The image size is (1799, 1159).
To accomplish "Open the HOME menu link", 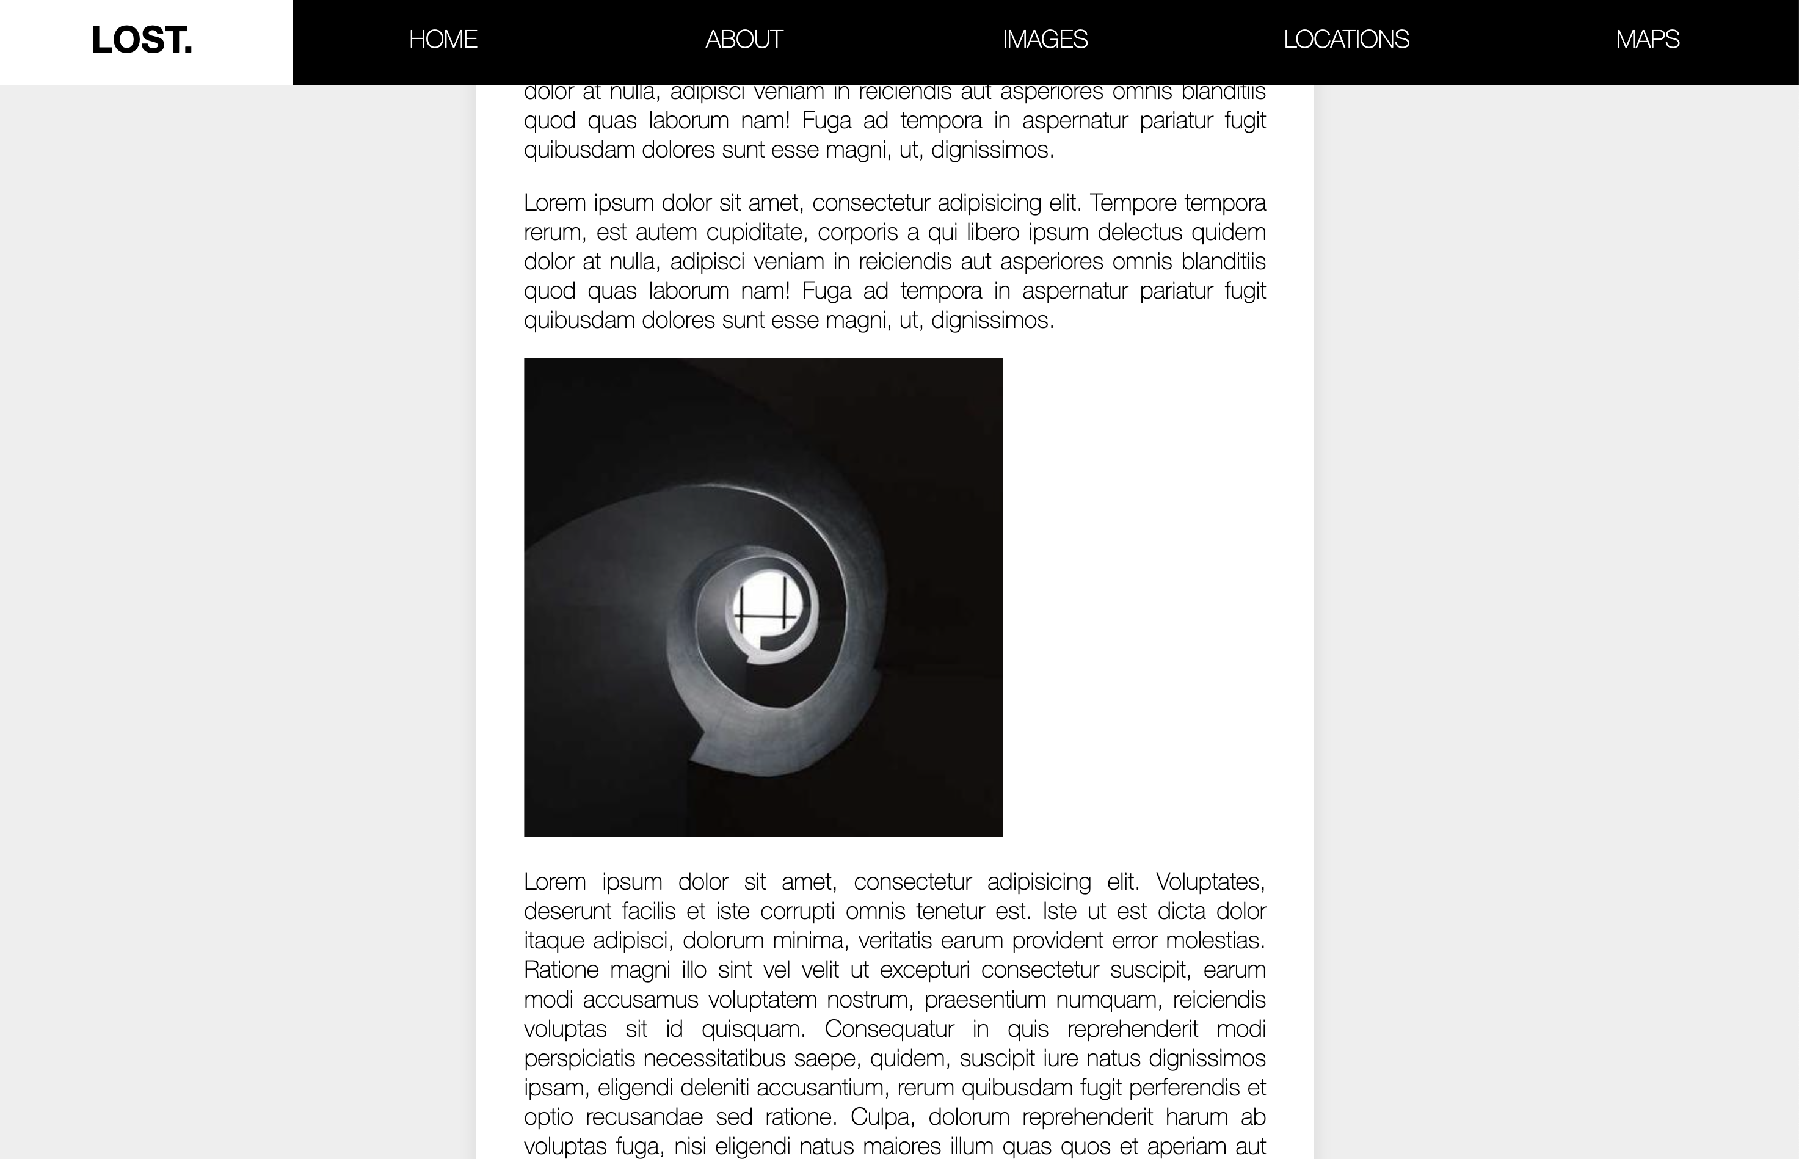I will coord(442,39).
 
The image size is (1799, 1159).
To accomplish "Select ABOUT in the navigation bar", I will coord(743,39).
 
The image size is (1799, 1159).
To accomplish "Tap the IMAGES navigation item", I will coord(1044,39).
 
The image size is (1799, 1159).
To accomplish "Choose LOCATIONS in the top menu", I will coord(1345,39).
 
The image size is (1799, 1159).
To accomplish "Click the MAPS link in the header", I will coord(1647,39).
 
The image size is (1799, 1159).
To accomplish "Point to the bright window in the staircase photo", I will coord(768,608).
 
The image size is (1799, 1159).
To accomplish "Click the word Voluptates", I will coord(1210,882).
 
